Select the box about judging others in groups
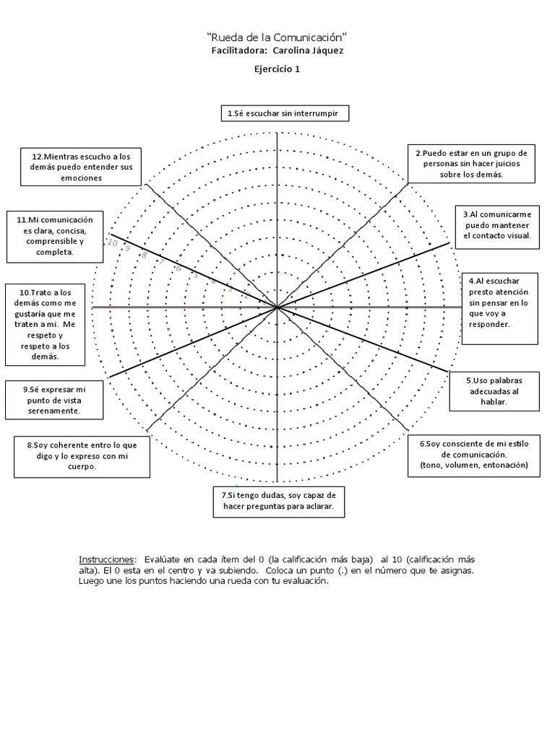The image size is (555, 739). coord(471,163)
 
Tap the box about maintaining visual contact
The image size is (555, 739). coord(497,224)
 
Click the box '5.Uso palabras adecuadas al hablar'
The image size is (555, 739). coord(495,390)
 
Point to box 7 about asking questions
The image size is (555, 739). coord(277,502)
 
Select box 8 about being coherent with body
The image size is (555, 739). coord(82,456)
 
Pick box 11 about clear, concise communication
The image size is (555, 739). coord(53,236)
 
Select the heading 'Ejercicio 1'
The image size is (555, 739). coord(277,69)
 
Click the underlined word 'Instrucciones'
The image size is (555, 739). coord(107,560)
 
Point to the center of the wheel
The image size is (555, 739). coord(277,307)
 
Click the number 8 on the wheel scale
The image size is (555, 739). coord(145,255)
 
